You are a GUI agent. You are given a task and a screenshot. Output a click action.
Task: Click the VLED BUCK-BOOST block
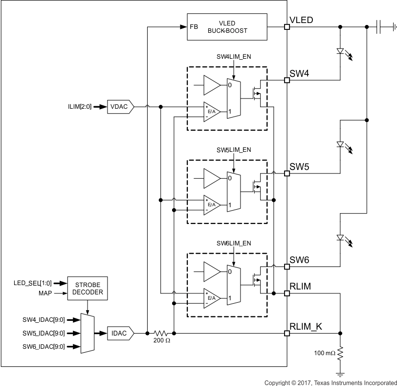click(x=227, y=27)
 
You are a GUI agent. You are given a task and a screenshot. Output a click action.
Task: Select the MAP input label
click(x=44, y=293)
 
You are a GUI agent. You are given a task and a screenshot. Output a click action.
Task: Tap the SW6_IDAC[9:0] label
click(x=43, y=347)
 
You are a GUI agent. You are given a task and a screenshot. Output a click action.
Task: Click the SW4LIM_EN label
click(x=234, y=57)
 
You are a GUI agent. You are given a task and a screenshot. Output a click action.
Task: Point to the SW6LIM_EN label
click(x=234, y=243)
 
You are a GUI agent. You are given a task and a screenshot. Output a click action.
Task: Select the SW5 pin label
click(x=299, y=167)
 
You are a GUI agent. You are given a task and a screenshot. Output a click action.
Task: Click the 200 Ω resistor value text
click(x=161, y=341)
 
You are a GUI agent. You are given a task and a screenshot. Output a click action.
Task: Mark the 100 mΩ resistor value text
click(x=324, y=353)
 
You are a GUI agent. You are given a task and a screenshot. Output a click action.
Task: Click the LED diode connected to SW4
click(x=340, y=51)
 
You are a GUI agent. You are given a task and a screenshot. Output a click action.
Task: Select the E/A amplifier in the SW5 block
click(x=211, y=204)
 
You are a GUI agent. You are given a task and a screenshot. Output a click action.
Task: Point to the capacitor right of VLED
click(x=377, y=27)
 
